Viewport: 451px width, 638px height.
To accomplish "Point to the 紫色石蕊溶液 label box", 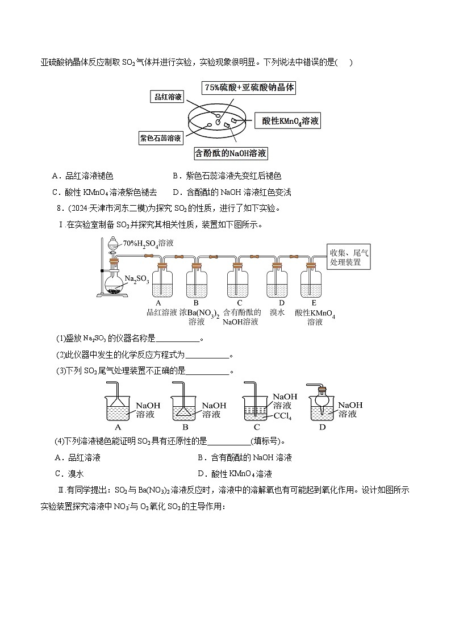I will pyautogui.click(x=161, y=137).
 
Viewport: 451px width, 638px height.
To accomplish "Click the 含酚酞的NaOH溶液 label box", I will pyautogui.click(x=231, y=153).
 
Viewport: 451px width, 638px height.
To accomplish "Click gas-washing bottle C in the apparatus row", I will pyautogui.click(x=239, y=282).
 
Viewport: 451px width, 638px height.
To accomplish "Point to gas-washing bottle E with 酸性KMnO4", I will pyautogui.click(x=314, y=282).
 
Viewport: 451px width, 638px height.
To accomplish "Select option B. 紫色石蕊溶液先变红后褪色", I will pyautogui.click(x=227, y=177).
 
